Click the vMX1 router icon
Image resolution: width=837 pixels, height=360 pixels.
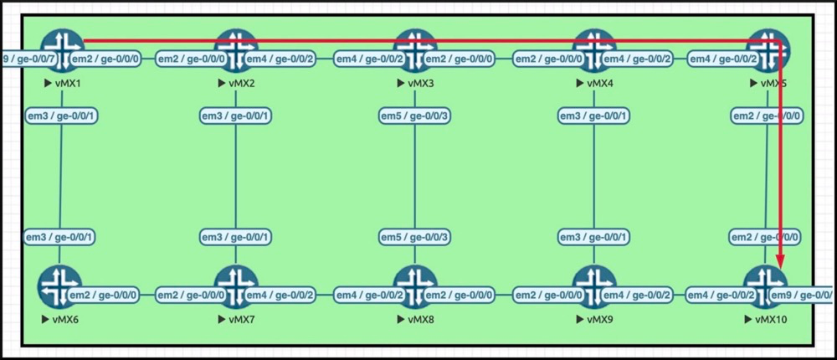point(60,47)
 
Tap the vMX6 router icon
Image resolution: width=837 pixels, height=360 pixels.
point(59,285)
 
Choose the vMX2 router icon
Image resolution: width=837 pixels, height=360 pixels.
point(236,47)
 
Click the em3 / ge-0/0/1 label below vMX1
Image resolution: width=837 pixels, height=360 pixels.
point(61,115)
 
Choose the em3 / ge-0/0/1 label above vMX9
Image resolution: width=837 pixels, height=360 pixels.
point(593,238)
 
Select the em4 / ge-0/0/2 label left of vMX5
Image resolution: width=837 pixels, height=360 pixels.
point(723,59)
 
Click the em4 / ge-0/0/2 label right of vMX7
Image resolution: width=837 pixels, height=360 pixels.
point(281,295)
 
